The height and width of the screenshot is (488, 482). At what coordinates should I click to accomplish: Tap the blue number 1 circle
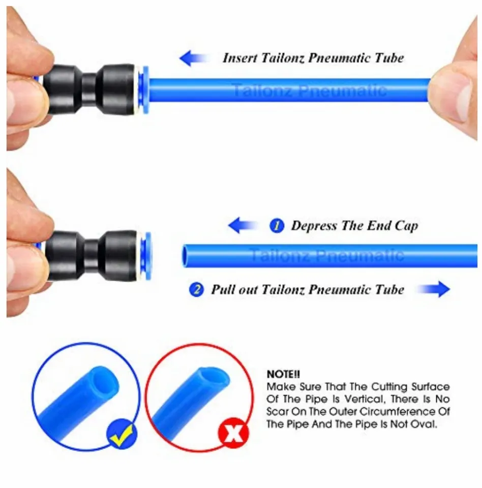(277, 226)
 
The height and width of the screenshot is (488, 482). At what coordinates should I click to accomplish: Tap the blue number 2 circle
(196, 290)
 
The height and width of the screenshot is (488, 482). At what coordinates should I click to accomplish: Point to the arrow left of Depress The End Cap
(242, 225)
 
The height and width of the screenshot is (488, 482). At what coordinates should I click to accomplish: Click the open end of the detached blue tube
(187, 256)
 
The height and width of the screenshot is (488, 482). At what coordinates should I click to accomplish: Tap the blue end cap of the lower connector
(145, 255)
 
